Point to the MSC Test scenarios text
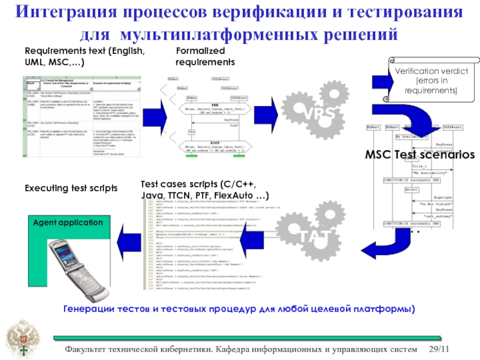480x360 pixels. coord(421,154)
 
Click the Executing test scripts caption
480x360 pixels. coord(71,188)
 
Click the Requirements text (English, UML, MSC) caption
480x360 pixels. coord(84,57)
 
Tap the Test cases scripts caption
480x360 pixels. coord(205,190)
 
